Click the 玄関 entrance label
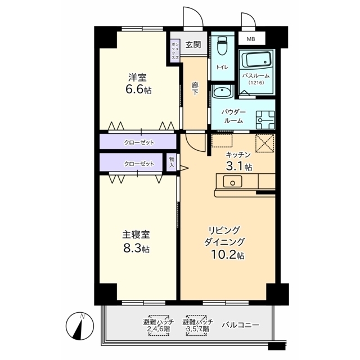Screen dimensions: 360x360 click(193, 45)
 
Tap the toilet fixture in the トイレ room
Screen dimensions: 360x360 click(222, 46)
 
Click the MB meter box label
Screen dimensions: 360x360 click(251, 39)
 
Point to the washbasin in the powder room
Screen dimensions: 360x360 click(223, 92)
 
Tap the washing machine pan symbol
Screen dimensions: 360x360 click(265, 120)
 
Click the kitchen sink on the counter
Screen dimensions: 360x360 click(232, 182)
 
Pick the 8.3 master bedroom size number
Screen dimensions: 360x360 click(132, 248)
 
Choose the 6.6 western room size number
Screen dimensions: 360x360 click(134, 89)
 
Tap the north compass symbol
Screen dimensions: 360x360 click(80, 326)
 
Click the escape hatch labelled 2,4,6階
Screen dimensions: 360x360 click(159, 325)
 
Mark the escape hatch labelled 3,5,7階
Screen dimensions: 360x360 click(197, 325)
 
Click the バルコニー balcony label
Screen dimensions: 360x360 click(240, 325)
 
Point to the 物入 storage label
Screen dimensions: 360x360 click(172, 162)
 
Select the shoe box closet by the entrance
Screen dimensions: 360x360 click(175, 51)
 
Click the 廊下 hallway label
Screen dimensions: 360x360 click(195, 89)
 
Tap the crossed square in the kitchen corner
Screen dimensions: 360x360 click(265, 143)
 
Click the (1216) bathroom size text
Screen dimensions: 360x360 click(256, 83)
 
